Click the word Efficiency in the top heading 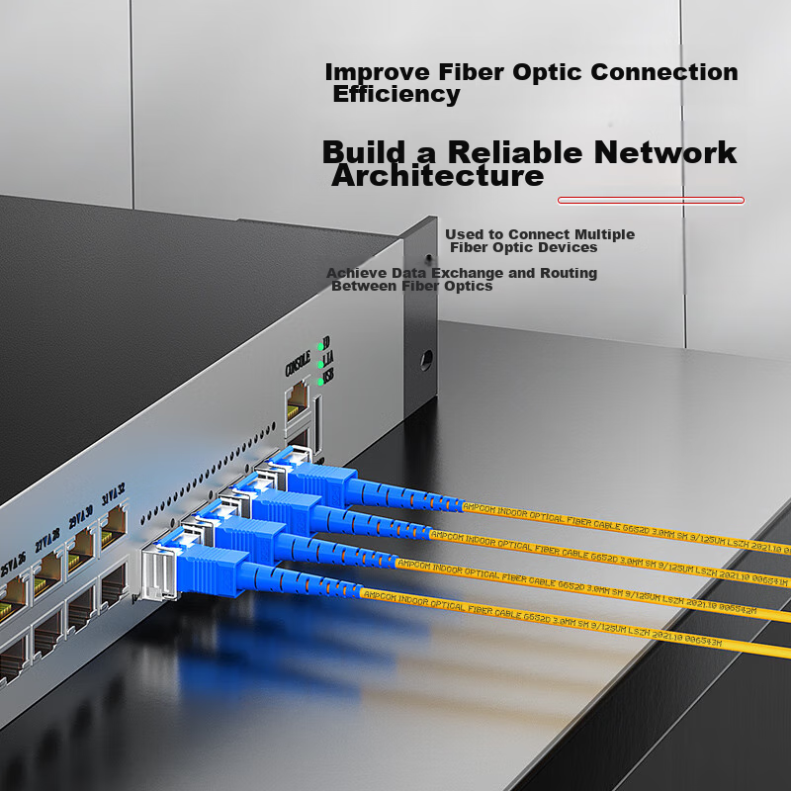[x=396, y=95]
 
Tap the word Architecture [x=438, y=177]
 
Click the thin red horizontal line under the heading [x=651, y=200]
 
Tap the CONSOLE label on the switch [x=298, y=364]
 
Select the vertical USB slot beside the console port [x=317, y=415]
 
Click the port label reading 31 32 [x=113, y=491]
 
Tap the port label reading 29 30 [x=80, y=516]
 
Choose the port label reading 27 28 [x=44, y=541]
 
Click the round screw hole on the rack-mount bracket [x=428, y=359]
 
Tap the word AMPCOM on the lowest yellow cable [x=381, y=594]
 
